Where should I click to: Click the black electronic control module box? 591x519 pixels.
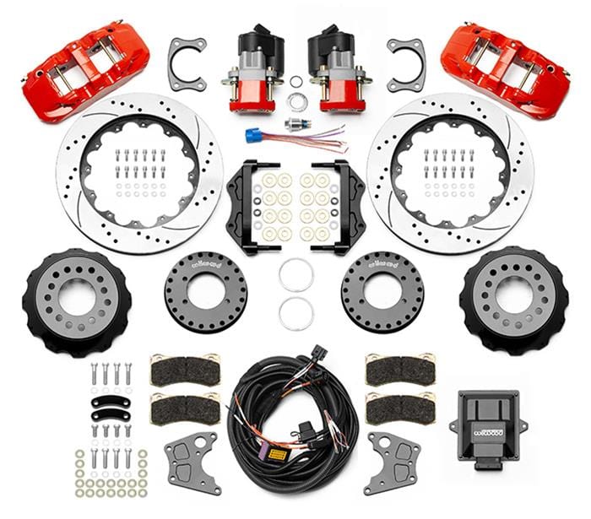point(485,422)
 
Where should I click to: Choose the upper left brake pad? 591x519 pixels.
point(184,370)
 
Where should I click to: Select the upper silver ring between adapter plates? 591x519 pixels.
point(296,275)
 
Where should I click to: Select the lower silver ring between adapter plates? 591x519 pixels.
point(296,313)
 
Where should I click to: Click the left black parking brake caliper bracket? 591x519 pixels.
point(246,207)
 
